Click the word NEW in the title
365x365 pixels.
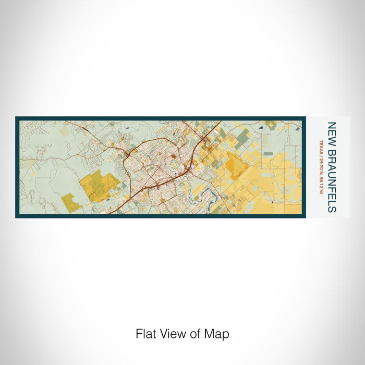tap(332, 130)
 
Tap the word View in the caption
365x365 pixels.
tap(169, 334)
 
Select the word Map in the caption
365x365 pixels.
tap(218, 334)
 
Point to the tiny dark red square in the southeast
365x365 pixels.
tap(273, 201)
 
